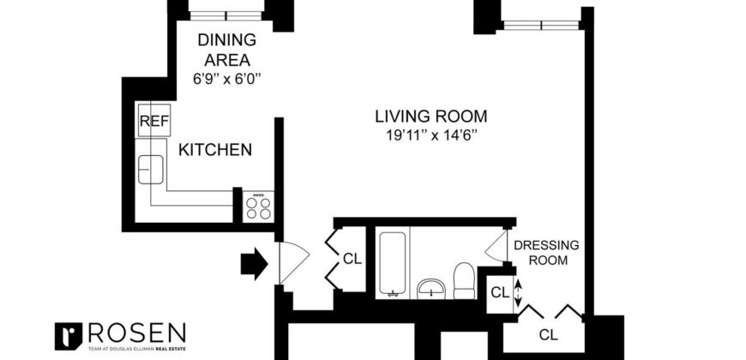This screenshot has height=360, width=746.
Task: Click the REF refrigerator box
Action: [153, 122]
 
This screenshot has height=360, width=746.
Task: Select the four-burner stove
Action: [258, 206]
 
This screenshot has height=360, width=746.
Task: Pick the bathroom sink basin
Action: [430, 289]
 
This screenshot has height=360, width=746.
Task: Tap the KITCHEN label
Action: [214, 150]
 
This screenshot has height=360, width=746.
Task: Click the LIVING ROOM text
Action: [430, 116]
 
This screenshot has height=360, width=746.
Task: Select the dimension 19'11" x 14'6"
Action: [430, 135]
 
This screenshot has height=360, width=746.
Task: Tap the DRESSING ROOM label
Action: [546, 252]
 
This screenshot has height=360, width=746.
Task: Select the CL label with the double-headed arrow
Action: [500, 292]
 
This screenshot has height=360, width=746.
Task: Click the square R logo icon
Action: [67, 335]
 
